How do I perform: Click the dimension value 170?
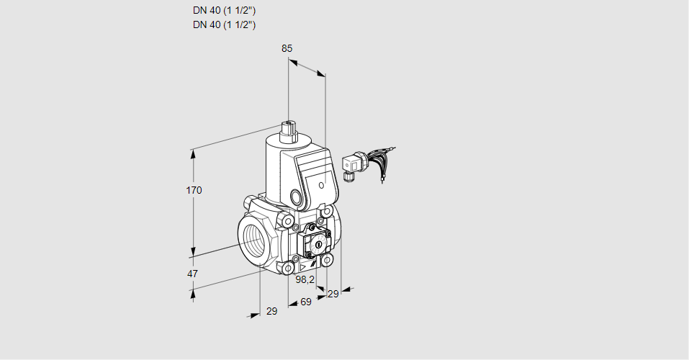coord(194,191)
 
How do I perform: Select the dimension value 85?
coord(287,48)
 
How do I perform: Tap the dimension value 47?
coord(192,274)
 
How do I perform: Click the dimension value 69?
coord(306,302)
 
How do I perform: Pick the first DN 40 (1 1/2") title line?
coord(224,11)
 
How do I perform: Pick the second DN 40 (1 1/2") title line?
coord(224,25)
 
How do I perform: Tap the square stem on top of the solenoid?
coord(289,132)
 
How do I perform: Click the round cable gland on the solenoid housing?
coord(297,197)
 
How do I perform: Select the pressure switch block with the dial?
coord(315,242)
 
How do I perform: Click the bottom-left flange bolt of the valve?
coord(289,269)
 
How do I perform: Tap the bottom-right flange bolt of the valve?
coord(327,259)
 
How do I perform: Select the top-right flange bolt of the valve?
coord(328,212)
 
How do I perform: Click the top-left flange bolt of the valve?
coord(288,220)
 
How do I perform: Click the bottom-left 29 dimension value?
coord(271,311)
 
